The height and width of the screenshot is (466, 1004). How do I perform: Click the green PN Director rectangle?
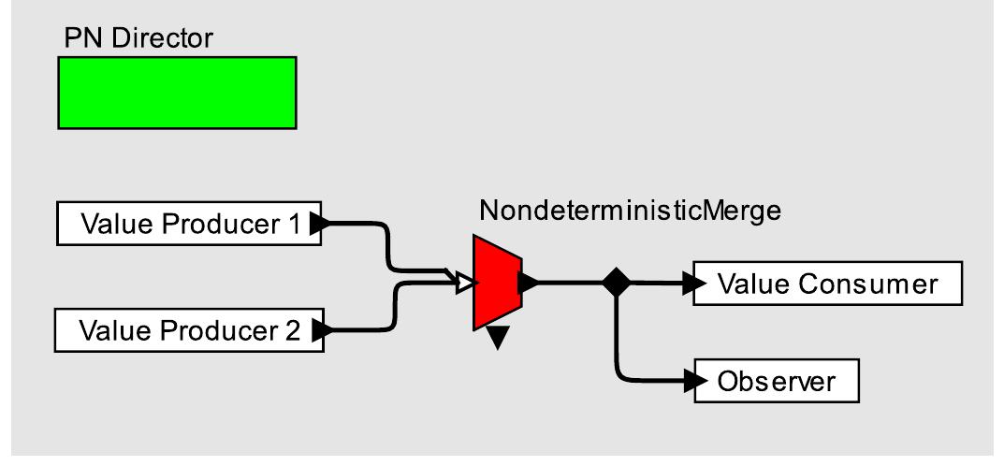(177, 92)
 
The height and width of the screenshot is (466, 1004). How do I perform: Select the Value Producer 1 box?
(187, 225)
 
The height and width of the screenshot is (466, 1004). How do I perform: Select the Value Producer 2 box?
(187, 330)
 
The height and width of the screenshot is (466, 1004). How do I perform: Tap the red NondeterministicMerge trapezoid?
(496, 281)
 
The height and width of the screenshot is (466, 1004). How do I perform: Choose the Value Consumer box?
(827, 284)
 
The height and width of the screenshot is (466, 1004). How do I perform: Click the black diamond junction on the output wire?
(617, 282)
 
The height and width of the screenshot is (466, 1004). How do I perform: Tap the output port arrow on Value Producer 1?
(318, 225)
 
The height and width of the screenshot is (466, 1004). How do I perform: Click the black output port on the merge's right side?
(526, 281)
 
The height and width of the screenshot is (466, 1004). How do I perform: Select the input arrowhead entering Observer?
(696, 381)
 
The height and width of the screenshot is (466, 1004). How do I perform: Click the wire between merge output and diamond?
(571, 281)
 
